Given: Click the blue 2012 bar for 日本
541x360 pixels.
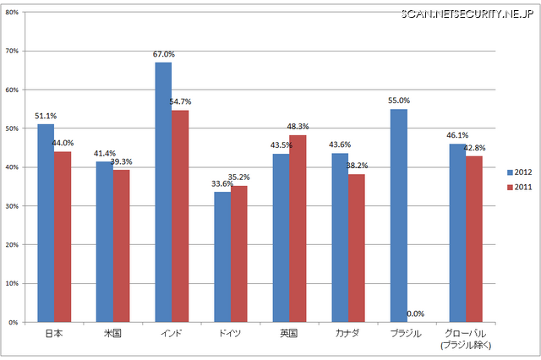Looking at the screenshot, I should click(46, 223).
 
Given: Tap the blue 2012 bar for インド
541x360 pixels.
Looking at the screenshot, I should click(163, 192).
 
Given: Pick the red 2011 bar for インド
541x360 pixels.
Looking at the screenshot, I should click(180, 215).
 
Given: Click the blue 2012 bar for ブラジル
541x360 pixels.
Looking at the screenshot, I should click(398, 215).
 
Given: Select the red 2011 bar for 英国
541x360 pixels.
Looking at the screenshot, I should click(298, 228).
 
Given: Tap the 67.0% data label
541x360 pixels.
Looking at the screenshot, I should click(164, 54).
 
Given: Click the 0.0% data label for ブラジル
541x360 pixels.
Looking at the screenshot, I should click(415, 314).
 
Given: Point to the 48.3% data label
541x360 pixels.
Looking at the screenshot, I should click(298, 127).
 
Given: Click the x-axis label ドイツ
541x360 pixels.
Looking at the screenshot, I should click(230, 334).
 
